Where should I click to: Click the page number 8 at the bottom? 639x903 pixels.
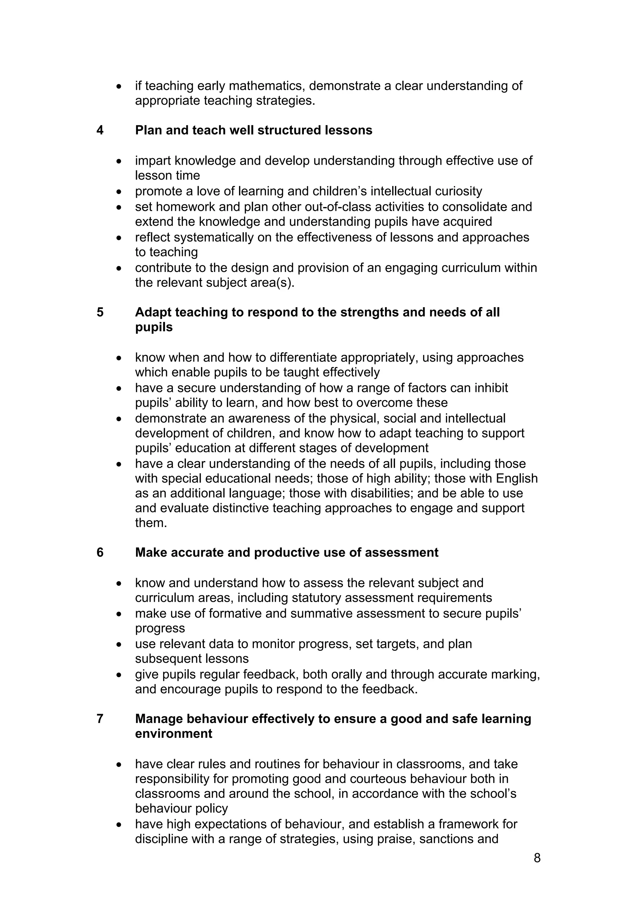click(x=537, y=858)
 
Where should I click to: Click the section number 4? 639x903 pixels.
click(x=100, y=130)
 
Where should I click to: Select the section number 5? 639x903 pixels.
click(x=100, y=312)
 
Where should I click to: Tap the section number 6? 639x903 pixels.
click(x=100, y=553)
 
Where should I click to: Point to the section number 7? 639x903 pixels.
click(x=100, y=719)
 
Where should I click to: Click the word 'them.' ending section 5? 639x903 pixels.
click(x=151, y=524)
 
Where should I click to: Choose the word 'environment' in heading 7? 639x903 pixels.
click(x=173, y=734)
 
